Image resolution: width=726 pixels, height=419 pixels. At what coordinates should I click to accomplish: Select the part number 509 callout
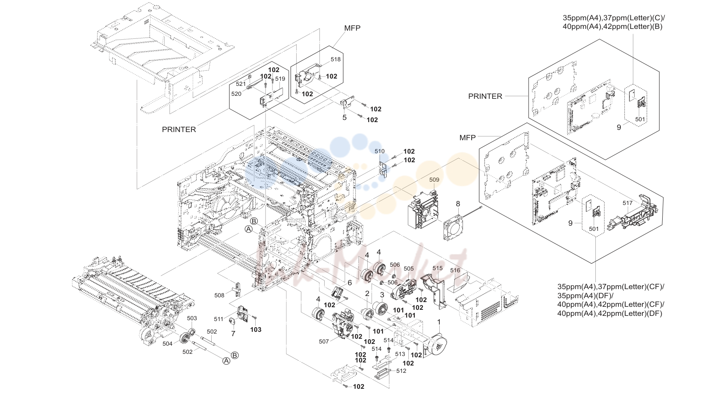pos(434,180)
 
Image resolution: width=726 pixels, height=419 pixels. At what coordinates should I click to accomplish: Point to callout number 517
pos(627,203)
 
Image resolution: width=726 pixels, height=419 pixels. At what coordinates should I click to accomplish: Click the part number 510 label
pos(379,151)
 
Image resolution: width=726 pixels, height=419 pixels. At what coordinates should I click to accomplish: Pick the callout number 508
pos(219,296)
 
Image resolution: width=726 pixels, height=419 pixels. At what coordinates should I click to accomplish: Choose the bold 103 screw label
pos(256,330)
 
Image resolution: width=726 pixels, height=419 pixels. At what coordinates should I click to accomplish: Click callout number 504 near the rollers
pos(167,344)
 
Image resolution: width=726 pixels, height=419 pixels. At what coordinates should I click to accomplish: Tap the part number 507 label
pos(324,341)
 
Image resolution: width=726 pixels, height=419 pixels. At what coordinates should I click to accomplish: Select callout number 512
pos(401,371)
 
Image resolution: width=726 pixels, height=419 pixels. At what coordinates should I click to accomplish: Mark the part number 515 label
pos(438,268)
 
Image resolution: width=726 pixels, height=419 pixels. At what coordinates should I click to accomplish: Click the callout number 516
pos(455,271)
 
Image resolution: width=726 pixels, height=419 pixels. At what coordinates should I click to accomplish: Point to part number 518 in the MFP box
pos(335,60)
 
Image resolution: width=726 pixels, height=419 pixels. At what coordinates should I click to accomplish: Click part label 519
pos(280,79)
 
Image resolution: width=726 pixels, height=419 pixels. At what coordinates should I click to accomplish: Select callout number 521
pos(241,84)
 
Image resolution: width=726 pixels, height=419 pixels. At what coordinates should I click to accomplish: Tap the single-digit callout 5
pos(344,118)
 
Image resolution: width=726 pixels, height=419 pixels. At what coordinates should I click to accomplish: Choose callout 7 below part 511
pos(233,334)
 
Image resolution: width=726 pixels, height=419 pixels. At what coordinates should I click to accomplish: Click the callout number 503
pos(192,318)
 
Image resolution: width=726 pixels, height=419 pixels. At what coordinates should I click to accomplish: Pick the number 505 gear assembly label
pos(409,268)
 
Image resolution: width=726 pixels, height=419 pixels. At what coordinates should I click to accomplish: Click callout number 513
pos(400,354)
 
